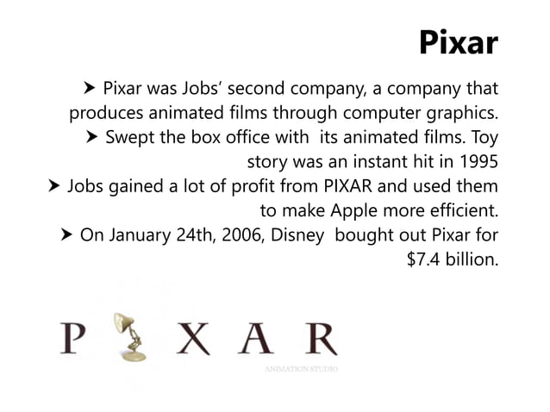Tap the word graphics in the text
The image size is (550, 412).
click(x=460, y=113)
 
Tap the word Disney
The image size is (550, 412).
click(x=294, y=234)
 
